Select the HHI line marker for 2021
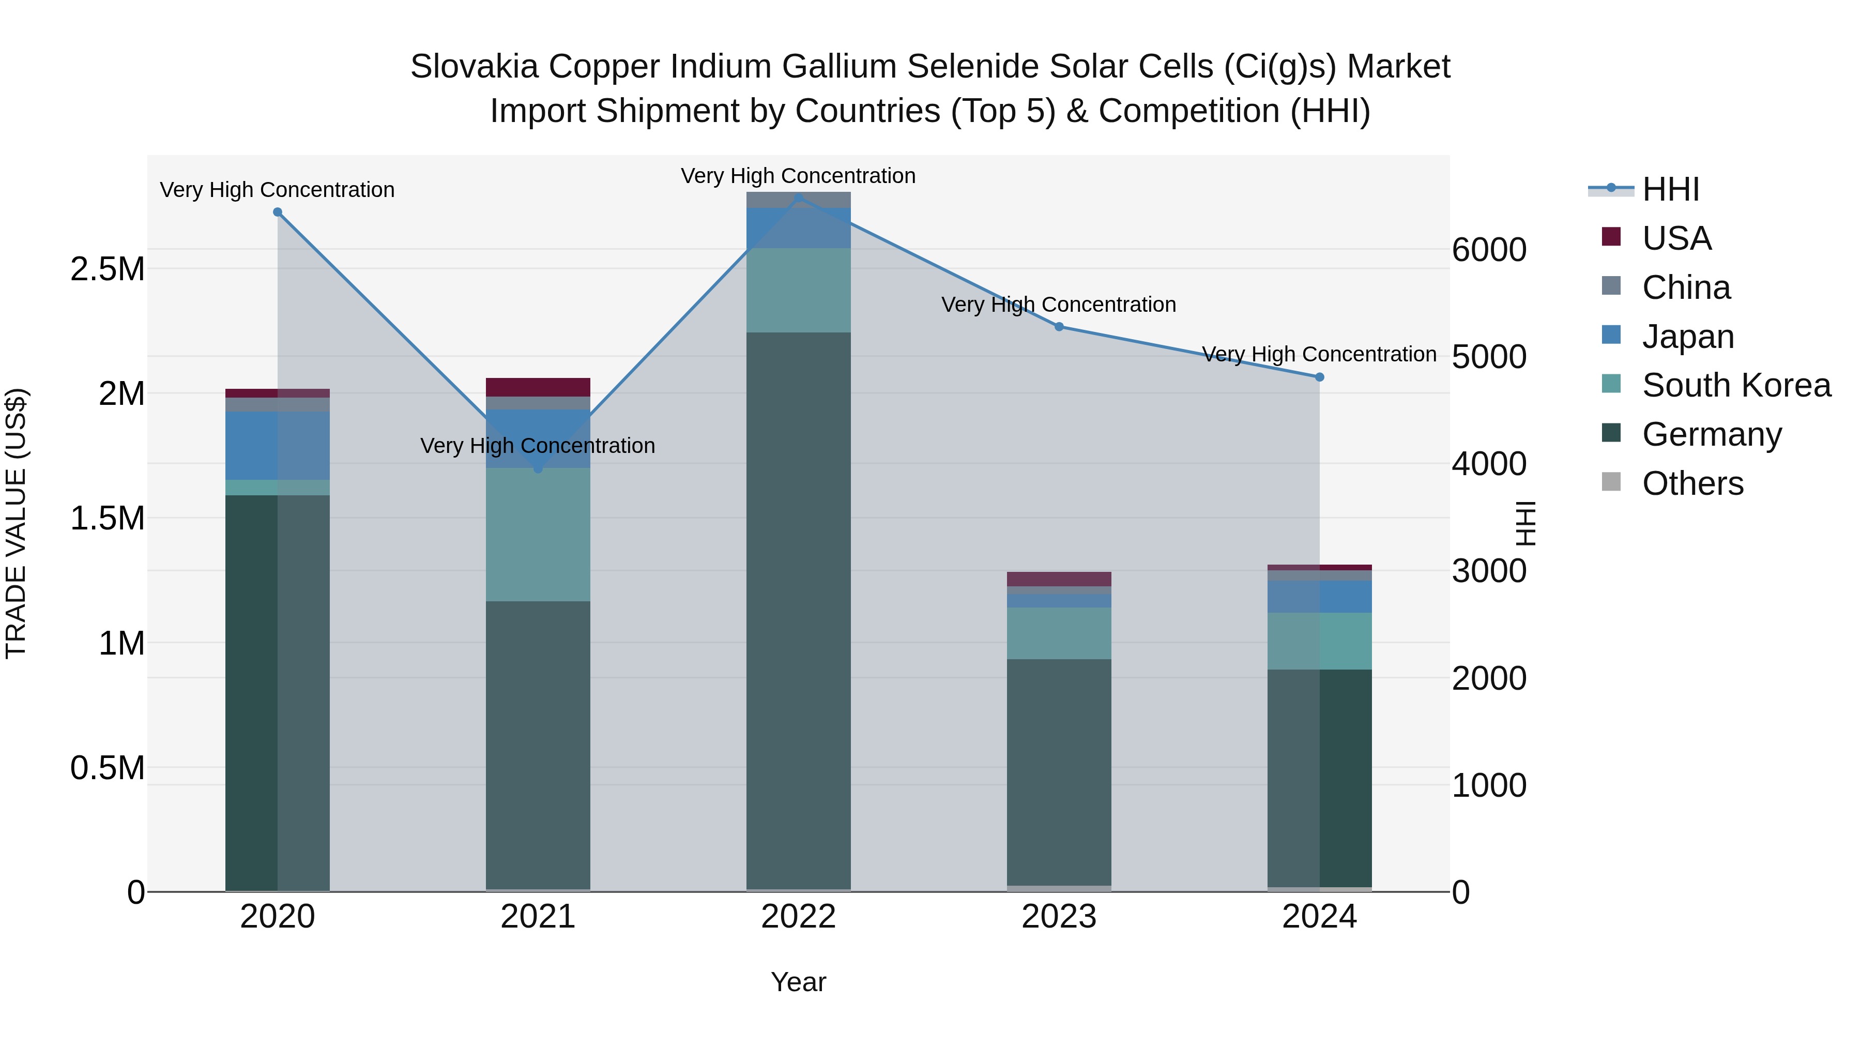tap(538, 469)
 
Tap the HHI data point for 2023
tap(1059, 327)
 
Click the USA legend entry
tap(1676, 238)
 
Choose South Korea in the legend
tap(1736, 385)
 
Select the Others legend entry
tap(1692, 483)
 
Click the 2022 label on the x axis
tap(798, 917)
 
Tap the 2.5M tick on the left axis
tap(108, 269)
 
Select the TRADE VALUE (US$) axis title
tap(16, 523)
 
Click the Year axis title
tap(798, 982)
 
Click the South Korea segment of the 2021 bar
tap(538, 535)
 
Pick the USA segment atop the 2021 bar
tap(538, 387)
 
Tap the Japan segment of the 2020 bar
tap(278, 445)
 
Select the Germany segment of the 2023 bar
tap(1059, 772)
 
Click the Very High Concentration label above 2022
tap(798, 176)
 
